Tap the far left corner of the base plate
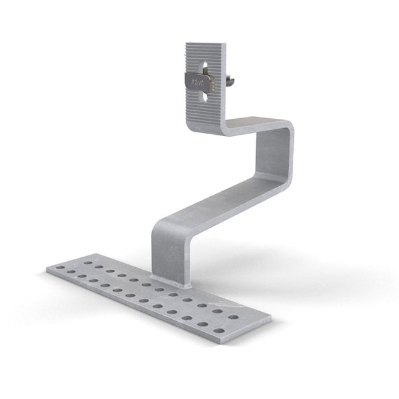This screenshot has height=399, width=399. [46, 270]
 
